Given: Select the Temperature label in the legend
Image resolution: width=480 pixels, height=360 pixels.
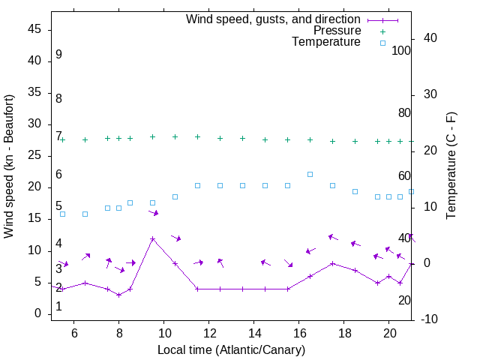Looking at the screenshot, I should [x=326, y=43].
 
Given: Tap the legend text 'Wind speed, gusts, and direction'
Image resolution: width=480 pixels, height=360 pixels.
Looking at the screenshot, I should [x=273, y=19].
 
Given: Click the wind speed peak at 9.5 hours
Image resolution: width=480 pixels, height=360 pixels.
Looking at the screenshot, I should [x=153, y=238].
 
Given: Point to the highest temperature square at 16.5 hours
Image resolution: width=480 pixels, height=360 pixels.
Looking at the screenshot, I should [x=310, y=174].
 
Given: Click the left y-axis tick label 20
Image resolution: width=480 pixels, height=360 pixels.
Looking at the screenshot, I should [x=34, y=187].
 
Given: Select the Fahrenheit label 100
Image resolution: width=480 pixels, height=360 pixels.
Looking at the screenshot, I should [x=402, y=50].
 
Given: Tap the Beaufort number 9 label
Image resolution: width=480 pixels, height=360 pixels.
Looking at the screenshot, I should [x=58, y=55].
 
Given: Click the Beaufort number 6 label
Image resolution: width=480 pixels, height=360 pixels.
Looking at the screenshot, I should [x=58, y=175].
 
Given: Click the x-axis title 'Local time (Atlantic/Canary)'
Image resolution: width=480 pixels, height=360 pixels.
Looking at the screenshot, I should [x=232, y=350].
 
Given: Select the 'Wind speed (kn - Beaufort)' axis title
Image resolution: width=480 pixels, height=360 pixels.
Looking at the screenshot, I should [x=10, y=166].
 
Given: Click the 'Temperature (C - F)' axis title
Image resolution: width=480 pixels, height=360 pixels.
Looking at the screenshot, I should [x=451, y=166].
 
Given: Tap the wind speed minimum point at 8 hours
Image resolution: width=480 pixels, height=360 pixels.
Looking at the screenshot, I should [x=119, y=295].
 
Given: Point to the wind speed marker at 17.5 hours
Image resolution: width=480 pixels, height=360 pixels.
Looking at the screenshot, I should [x=333, y=263].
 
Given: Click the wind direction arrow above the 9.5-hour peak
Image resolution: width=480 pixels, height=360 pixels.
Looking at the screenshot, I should [x=154, y=213].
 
